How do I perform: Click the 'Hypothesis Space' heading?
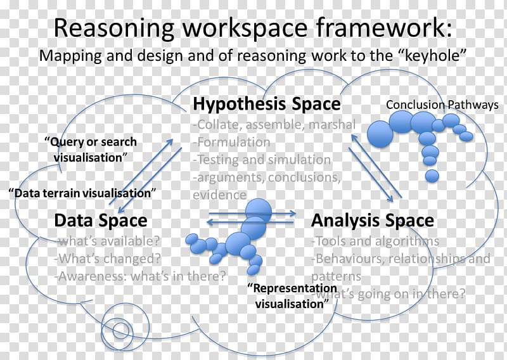coord(267,104)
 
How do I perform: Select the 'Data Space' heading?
coord(101,221)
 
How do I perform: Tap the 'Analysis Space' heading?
coord(373,221)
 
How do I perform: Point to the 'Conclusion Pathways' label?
coord(442,105)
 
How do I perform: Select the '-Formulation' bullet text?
coord(231,142)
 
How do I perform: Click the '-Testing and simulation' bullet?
coord(262,160)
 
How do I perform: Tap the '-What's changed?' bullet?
coord(108,259)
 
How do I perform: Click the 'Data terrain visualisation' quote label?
coord(82,193)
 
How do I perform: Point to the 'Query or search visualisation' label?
coord(91,150)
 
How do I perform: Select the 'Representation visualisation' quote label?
coord(292,296)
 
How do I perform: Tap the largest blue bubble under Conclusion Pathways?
coord(380,134)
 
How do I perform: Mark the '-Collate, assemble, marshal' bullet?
coord(274,124)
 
